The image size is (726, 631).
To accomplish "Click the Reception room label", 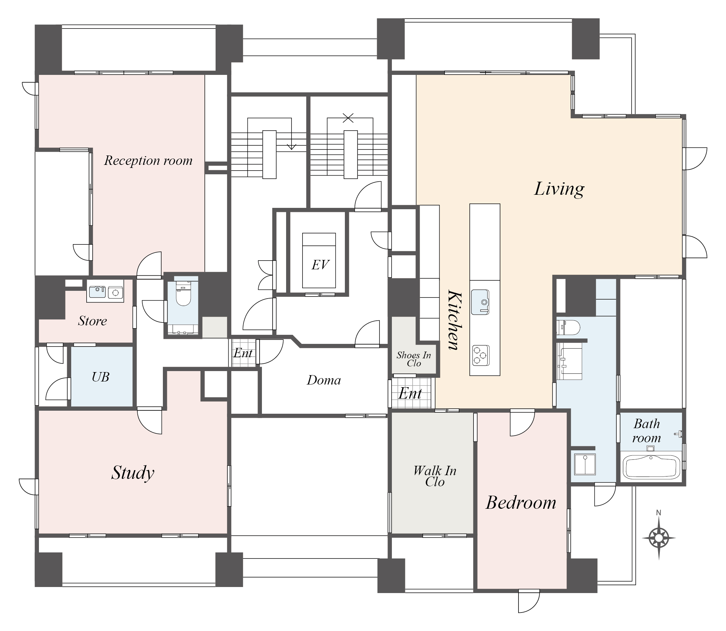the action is [x=148, y=161].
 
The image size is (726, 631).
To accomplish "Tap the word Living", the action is [x=559, y=189].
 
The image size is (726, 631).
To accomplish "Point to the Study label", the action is [x=133, y=473].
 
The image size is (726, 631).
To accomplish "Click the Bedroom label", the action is [x=521, y=502].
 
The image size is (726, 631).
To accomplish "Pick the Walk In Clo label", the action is [x=435, y=476].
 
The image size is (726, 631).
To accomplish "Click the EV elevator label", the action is [x=320, y=264].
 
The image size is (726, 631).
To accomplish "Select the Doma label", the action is [x=324, y=380].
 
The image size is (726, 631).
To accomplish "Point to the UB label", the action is [x=100, y=377].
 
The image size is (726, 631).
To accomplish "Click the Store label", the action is [x=92, y=321].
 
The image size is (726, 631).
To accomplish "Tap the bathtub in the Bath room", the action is [x=651, y=467].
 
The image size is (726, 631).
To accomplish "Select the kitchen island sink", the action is [x=480, y=302].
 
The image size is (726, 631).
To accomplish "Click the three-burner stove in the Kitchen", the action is [x=481, y=355].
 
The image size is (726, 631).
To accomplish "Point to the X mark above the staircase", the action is [x=348, y=118].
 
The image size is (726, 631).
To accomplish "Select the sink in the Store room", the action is [x=97, y=292].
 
